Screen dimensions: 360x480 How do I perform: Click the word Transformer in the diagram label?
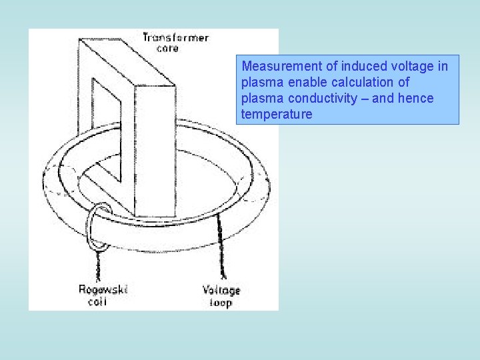(x=175, y=38)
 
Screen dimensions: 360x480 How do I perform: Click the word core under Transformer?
(x=167, y=49)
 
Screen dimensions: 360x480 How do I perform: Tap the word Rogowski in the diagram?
(x=103, y=289)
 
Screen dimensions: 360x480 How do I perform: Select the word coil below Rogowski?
(x=98, y=301)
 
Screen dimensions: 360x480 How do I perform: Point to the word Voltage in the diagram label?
(x=221, y=291)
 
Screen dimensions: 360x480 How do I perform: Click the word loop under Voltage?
(x=220, y=303)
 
